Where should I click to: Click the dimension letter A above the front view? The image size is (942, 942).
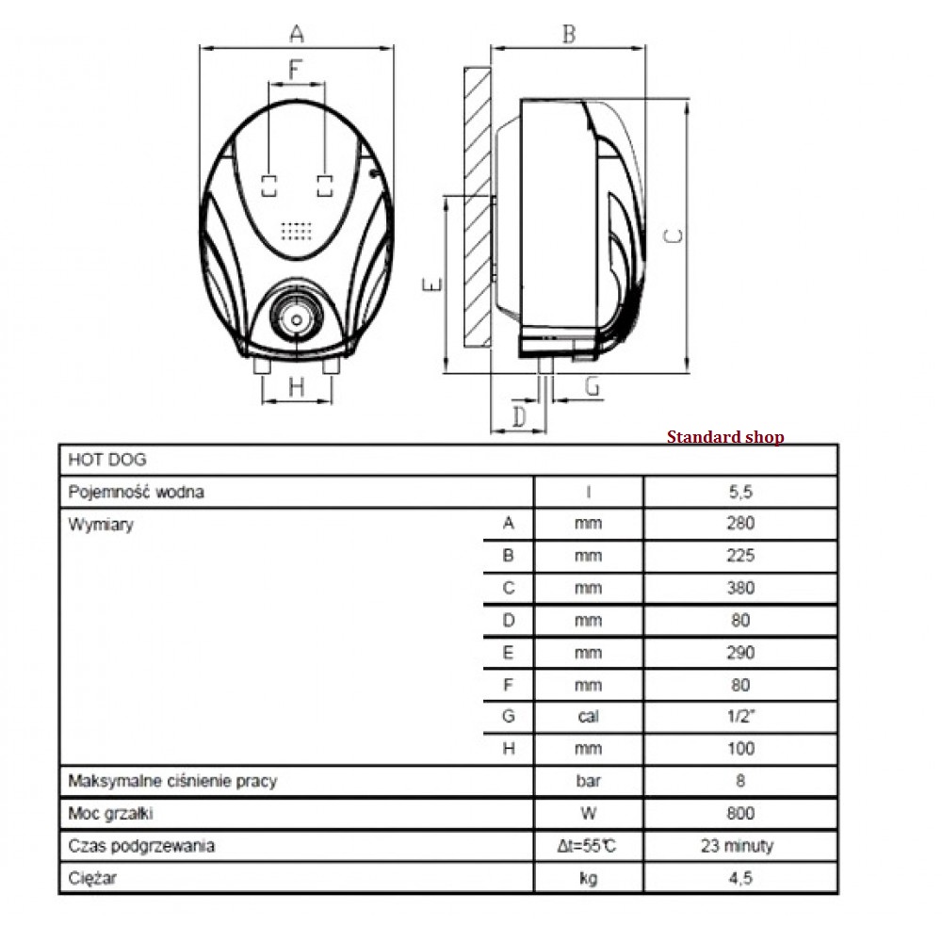click(x=297, y=34)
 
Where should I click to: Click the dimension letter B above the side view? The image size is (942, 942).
click(x=568, y=34)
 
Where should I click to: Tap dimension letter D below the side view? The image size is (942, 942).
click(x=518, y=414)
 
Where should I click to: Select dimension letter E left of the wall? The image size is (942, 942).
click(x=430, y=284)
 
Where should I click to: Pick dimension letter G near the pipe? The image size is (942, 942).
click(x=592, y=385)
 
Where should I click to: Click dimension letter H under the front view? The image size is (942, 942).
click(x=297, y=386)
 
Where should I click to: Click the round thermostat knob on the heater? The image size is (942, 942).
click(x=297, y=317)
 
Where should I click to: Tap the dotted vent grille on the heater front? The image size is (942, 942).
click(x=297, y=230)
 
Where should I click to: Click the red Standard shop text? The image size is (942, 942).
click(x=725, y=437)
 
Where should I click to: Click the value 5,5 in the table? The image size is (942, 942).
click(x=740, y=492)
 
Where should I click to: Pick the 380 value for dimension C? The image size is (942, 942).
click(x=740, y=589)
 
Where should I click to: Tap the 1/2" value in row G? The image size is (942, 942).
click(x=740, y=717)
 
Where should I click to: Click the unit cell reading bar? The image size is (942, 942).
click(x=589, y=781)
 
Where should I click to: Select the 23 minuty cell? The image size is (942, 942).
click(x=740, y=845)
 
